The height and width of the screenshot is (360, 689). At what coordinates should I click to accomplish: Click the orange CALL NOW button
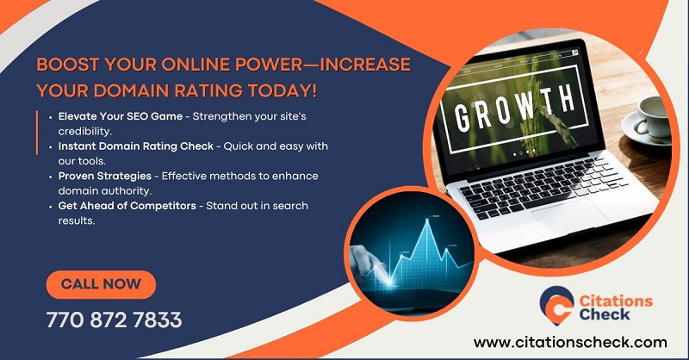[x=101, y=284]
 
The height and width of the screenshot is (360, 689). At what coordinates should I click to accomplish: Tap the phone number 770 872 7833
[x=115, y=320]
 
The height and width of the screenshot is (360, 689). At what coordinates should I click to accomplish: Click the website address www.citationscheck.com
[x=570, y=342]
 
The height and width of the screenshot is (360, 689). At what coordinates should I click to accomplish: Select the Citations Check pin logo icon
[x=556, y=306]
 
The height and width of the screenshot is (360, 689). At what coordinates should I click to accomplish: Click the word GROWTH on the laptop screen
[x=514, y=108]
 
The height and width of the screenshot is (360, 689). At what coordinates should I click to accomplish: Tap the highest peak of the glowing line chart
[x=426, y=220]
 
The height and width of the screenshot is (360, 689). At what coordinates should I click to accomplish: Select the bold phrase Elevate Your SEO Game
[x=121, y=116]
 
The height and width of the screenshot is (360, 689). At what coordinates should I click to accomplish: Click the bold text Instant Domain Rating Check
[x=136, y=146]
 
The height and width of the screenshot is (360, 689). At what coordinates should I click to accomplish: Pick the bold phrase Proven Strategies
[x=105, y=176]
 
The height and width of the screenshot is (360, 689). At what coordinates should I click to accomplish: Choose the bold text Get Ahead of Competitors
[x=127, y=206]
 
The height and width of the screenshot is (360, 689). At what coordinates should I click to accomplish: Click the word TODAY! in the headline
[x=282, y=91]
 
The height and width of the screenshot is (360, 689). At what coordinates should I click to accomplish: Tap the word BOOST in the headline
[x=68, y=65]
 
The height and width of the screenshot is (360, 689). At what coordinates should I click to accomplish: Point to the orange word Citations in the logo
[x=616, y=301]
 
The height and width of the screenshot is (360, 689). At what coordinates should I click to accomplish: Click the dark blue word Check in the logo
[x=605, y=314]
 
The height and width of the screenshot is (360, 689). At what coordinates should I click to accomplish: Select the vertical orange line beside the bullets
[x=37, y=133]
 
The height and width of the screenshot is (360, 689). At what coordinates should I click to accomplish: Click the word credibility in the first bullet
[x=84, y=132]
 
